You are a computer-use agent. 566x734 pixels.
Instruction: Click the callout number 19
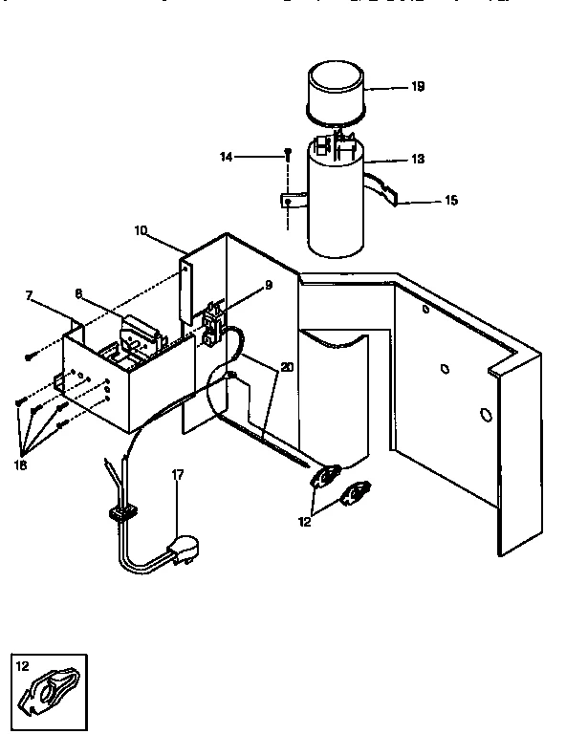(417, 86)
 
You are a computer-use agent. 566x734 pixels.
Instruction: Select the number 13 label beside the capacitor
(417, 159)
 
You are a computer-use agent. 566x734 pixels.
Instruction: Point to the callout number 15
(450, 201)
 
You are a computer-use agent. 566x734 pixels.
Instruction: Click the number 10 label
(141, 230)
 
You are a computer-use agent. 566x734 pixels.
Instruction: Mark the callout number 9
(269, 284)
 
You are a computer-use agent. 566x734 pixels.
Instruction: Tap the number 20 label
(288, 366)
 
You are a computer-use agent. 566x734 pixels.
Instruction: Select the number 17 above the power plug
(177, 474)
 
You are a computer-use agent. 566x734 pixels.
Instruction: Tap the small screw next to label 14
(286, 154)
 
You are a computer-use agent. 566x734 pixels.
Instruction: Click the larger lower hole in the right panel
(485, 415)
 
